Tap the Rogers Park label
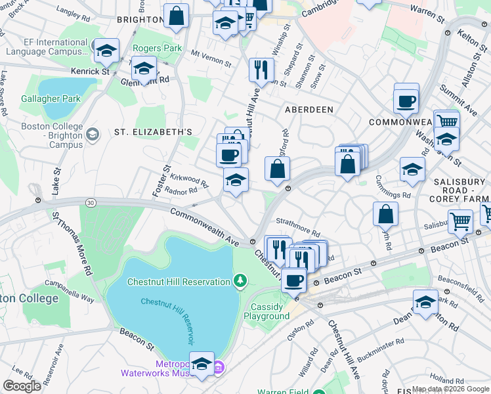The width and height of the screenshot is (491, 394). pos(157,48)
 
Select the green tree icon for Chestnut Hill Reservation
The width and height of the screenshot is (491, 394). pos(241,282)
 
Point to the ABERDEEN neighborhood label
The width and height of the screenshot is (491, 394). pos(309,110)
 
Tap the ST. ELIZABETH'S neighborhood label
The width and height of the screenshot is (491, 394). pos(153,132)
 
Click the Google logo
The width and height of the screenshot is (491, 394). pos(22,385)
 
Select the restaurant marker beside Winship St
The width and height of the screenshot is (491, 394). pos(261,69)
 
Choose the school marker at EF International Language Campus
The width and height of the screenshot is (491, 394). pos(105,50)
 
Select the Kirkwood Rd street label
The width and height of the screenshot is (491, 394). pos(188,181)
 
